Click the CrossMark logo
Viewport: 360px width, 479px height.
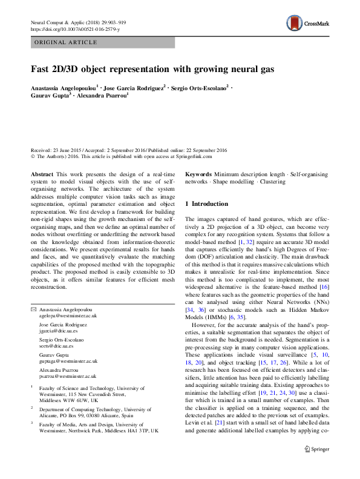pos(307,24)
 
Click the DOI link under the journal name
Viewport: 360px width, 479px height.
pos(75,29)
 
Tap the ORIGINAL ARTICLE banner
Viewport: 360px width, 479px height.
pos(66,42)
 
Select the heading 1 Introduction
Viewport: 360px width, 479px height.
pos(206,204)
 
